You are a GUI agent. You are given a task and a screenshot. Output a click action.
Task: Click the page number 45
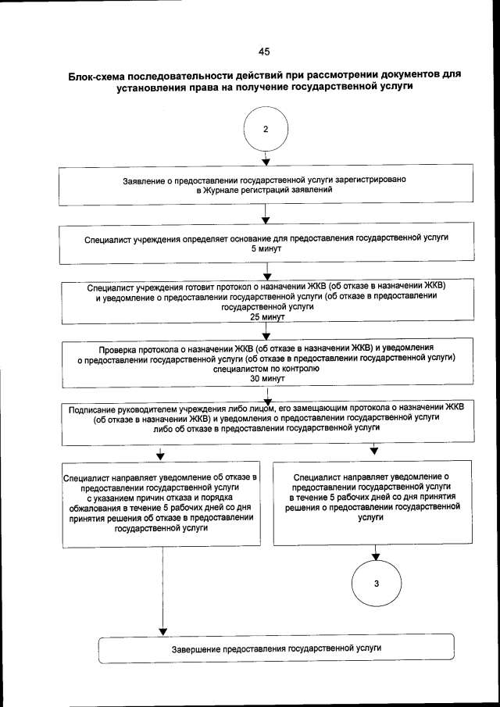[264, 52]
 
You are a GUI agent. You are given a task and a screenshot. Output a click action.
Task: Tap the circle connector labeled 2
[266, 130]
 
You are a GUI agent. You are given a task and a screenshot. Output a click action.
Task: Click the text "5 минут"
[266, 248]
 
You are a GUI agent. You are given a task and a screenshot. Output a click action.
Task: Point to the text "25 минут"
[266, 318]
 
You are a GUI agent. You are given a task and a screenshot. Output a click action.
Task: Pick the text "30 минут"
[266, 378]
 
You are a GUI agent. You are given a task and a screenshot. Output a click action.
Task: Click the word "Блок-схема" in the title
[99, 76]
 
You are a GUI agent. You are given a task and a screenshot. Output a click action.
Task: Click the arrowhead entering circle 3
[376, 558]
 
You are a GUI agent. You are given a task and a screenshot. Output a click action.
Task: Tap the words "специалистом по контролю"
[266, 368]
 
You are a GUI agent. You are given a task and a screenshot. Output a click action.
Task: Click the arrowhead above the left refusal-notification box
[161, 455]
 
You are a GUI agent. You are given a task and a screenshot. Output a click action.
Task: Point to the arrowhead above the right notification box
[374, 450]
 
